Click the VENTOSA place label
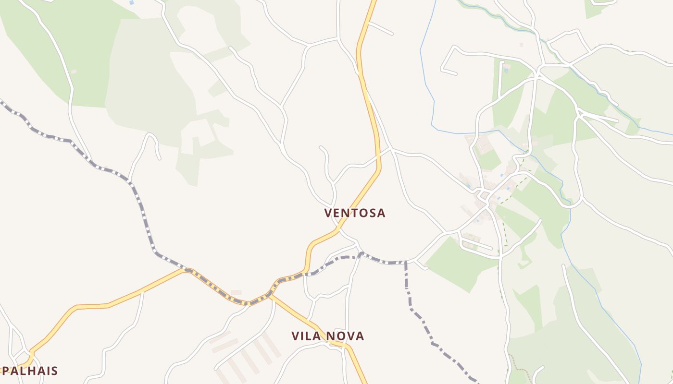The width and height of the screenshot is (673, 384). (355, 213)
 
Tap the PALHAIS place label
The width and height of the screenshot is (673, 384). (30, 371)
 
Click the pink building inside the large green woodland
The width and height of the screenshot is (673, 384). (74, 72)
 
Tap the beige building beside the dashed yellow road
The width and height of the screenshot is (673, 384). (236, 292)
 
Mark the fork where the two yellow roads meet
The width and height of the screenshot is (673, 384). (271, 296)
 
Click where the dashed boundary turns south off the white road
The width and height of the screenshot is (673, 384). (406, 263)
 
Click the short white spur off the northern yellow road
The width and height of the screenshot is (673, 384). (381, 28)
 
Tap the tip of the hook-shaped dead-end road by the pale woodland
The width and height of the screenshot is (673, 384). (159, 158)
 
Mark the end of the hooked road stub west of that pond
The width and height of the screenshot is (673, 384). (455, 73)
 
